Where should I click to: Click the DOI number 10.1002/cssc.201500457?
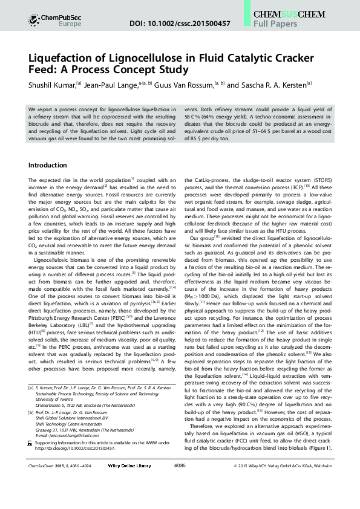[180, 23]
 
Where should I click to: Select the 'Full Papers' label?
[275, 24]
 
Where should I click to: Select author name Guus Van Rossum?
[184, 85]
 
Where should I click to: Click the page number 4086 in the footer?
[180, 483]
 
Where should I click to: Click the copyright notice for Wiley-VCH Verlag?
[281, 483]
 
